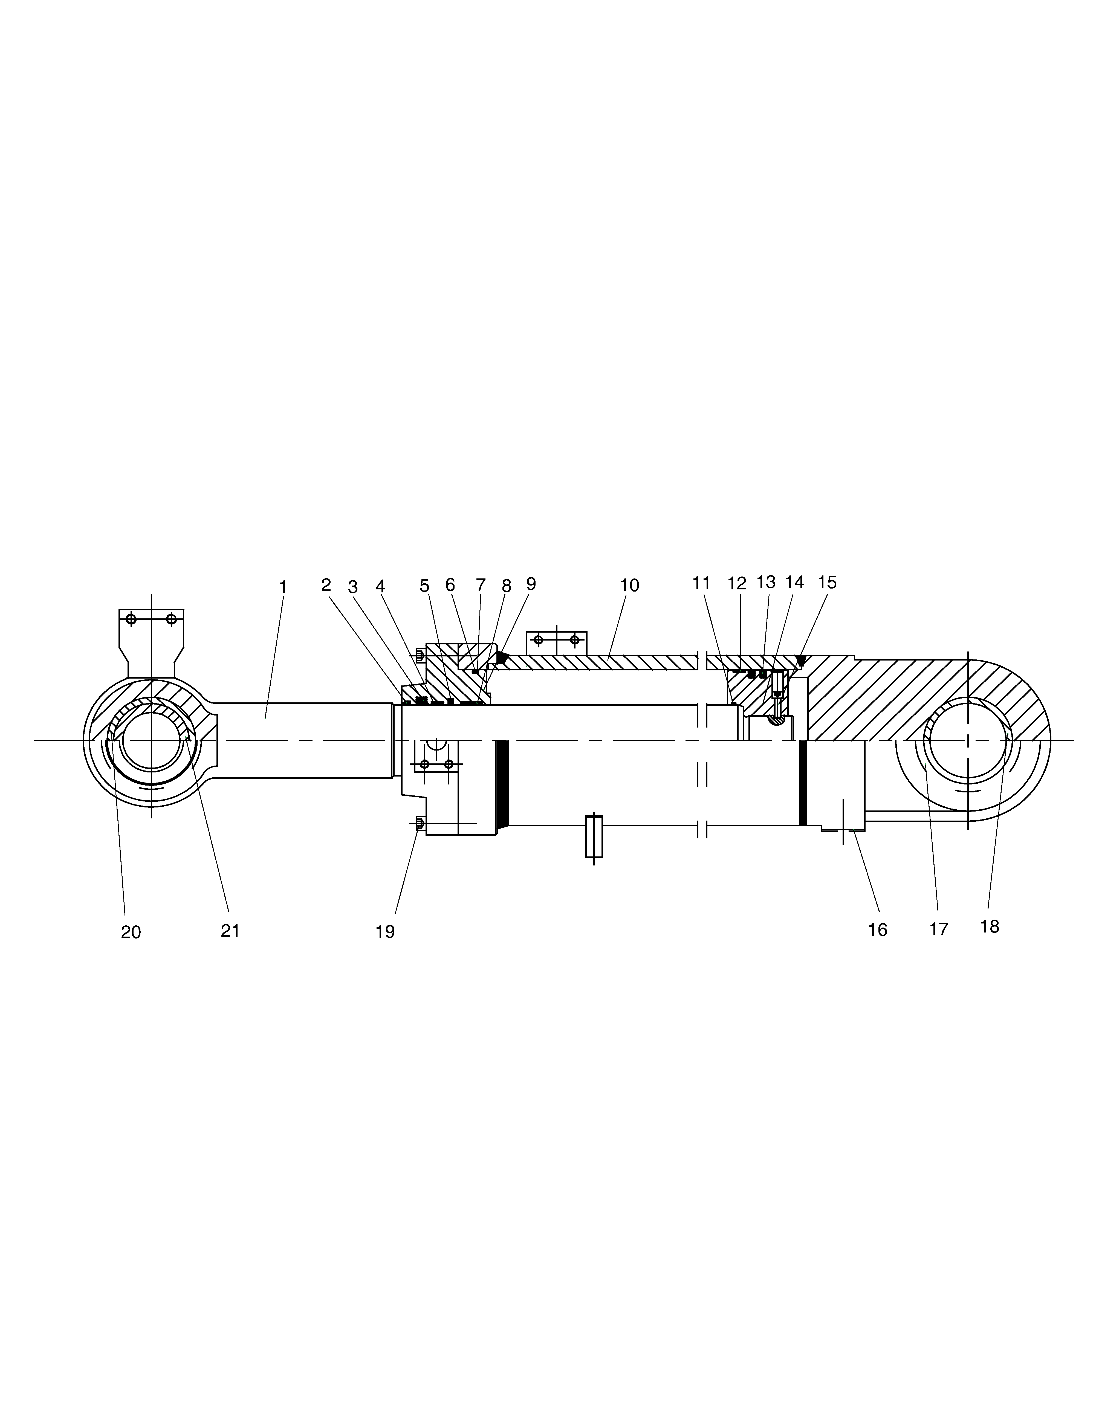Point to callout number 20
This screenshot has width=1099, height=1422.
pos(131,932)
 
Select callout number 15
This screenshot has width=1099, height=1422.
pos(827,582)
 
